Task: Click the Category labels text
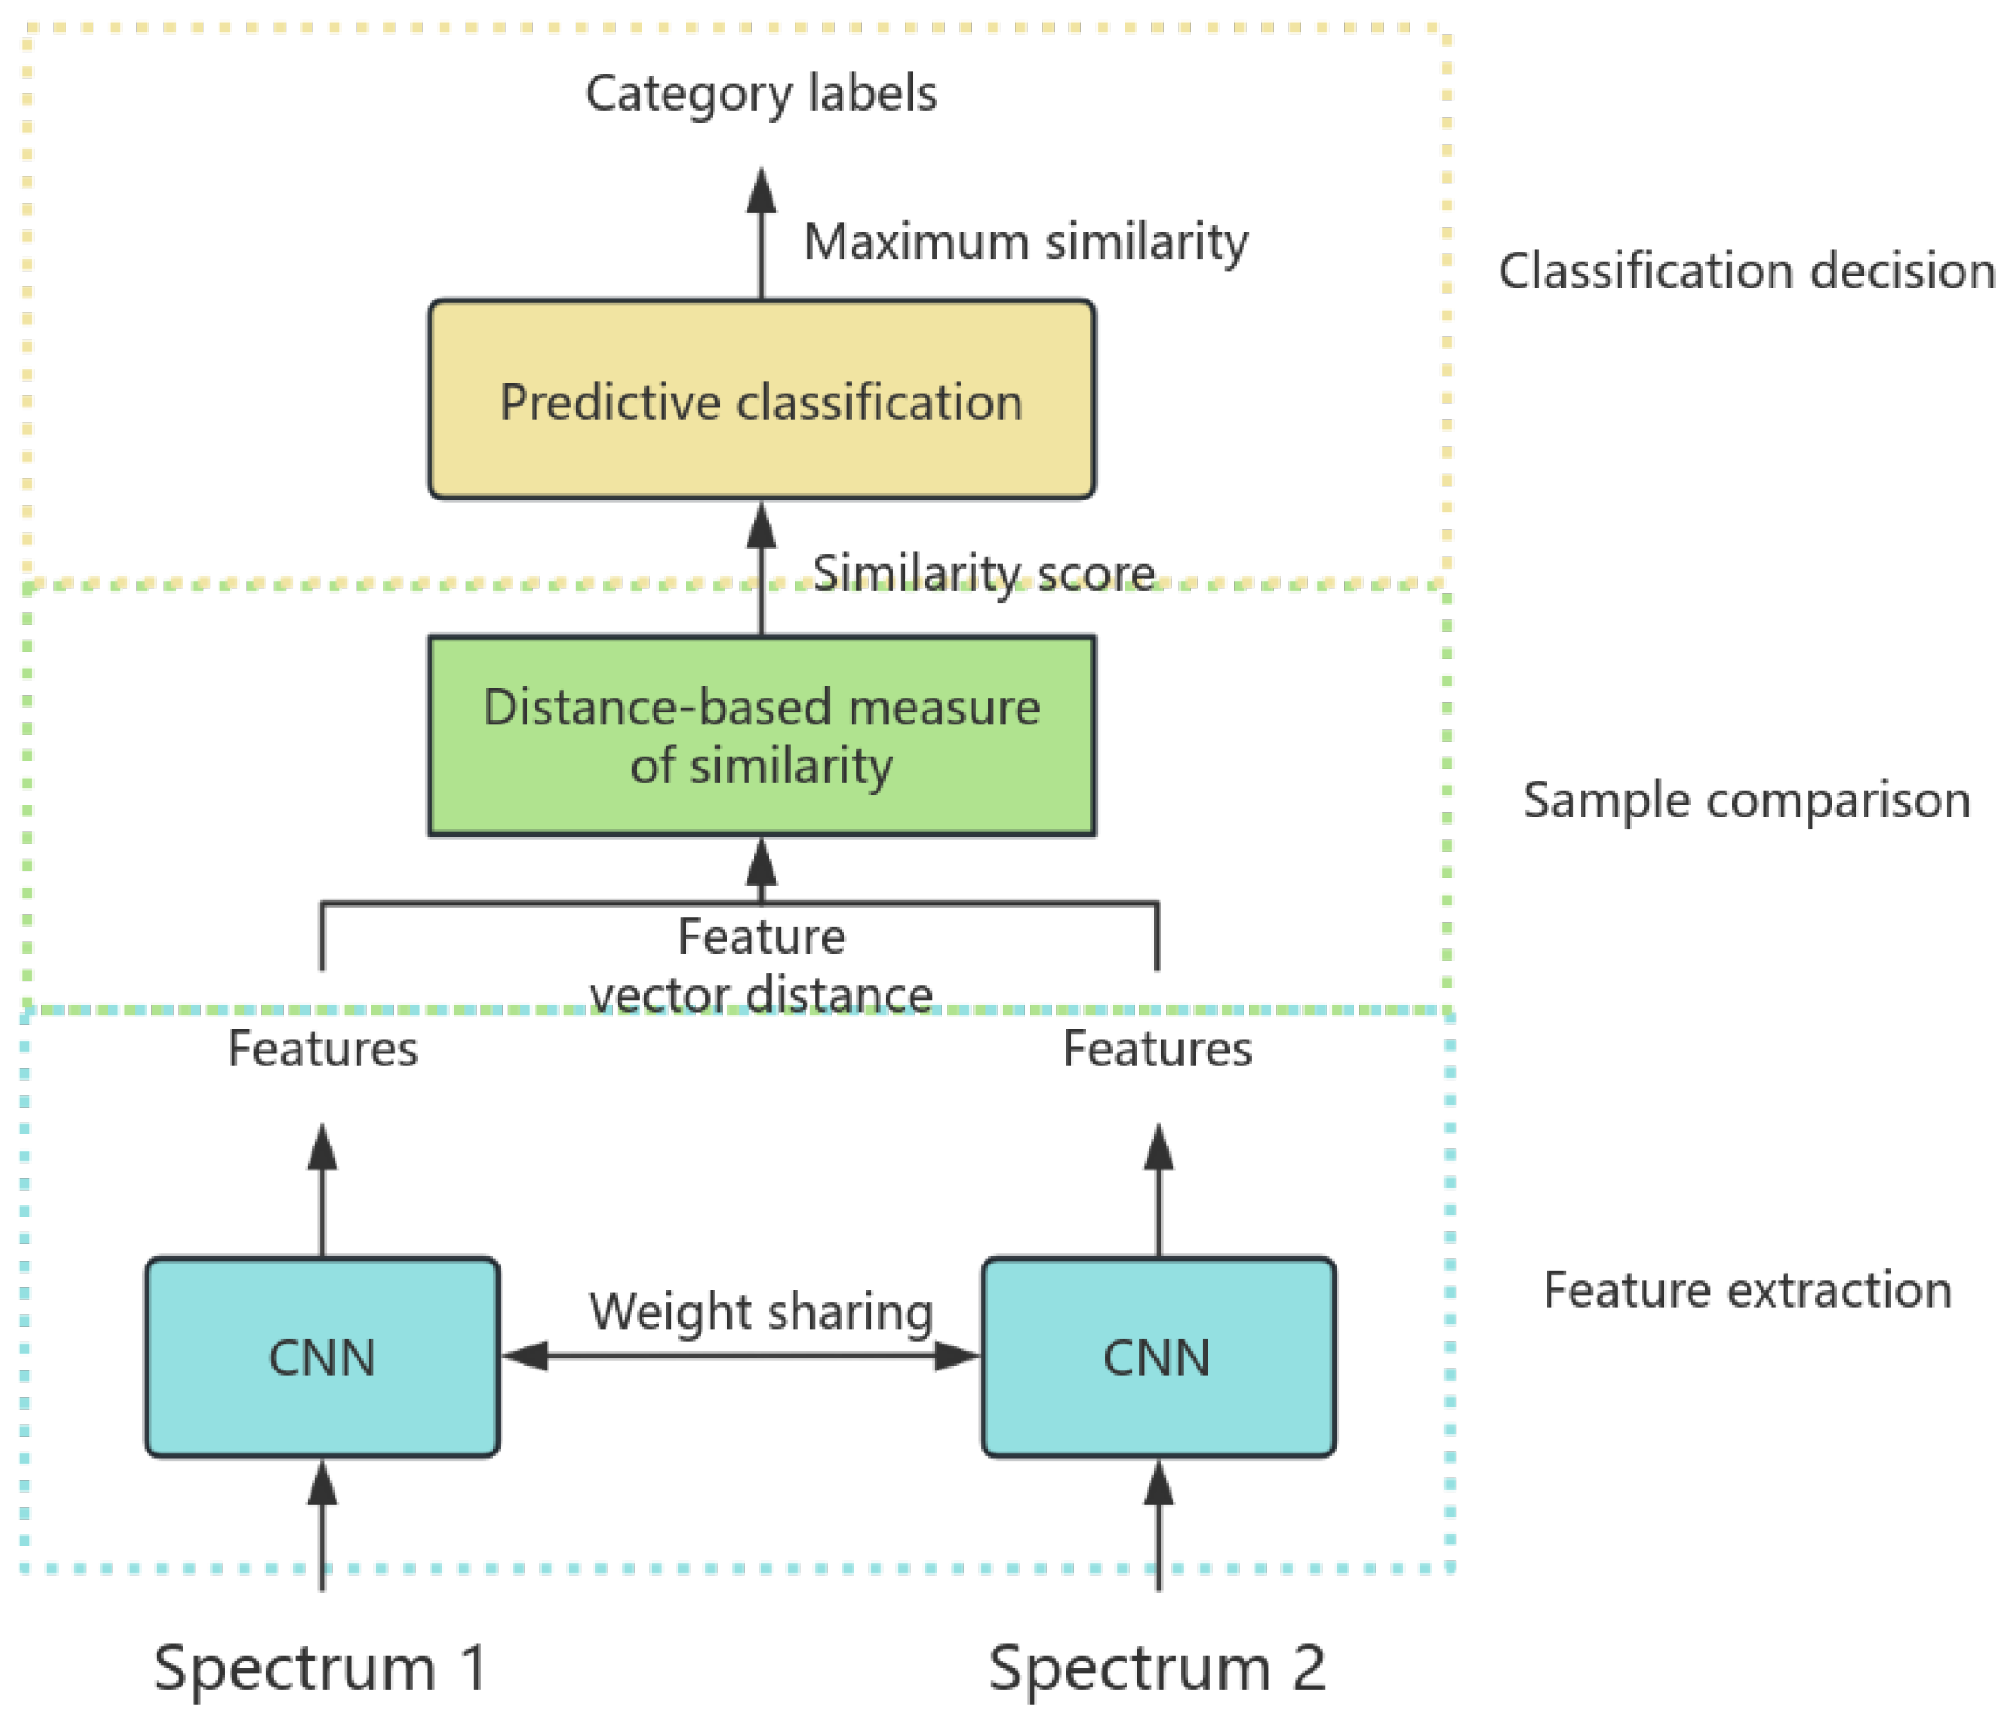(760, 94)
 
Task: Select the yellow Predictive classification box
(760, 399)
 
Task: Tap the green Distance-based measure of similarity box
(760, 735)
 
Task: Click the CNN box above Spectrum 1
(322, 1357)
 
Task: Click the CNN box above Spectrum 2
(1157, 1357)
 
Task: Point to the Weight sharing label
(760, 1312)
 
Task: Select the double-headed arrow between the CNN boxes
(740, 1356)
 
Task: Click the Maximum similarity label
(1026, 241)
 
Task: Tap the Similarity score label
(984, 573)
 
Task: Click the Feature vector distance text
(760, 965)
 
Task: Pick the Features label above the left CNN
(322, 1049)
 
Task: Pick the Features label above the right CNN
(1157, 1049)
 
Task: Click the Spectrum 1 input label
(320, 1667)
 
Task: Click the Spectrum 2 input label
(1156, 1667)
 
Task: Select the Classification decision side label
(1746, 271)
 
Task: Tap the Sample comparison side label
(1746, 800)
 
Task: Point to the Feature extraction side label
(1746, 1290)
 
